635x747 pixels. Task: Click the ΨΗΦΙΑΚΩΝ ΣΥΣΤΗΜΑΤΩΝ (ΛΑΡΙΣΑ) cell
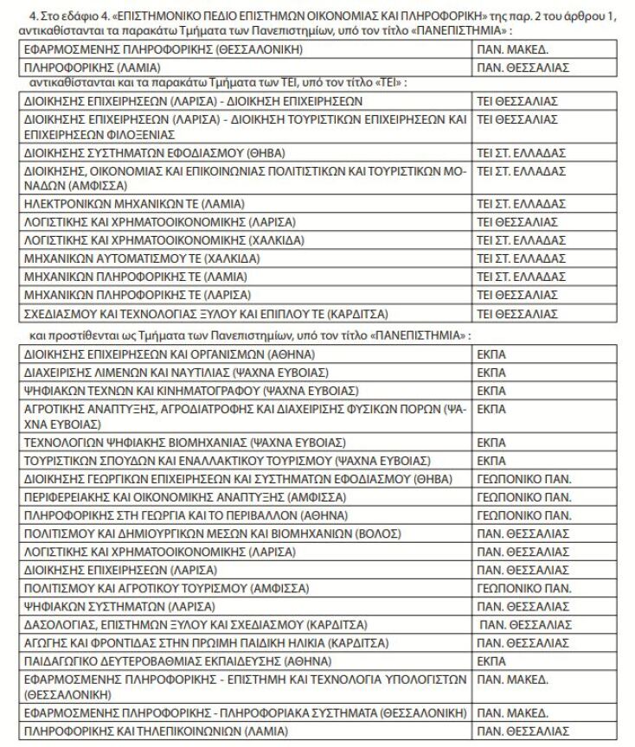coord(121,606)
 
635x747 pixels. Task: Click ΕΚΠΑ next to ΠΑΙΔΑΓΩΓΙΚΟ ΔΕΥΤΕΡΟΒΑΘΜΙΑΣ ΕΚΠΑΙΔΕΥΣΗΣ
coord(491,661)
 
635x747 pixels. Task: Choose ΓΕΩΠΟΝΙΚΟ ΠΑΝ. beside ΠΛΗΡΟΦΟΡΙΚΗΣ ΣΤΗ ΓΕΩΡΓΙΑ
coord(523,514)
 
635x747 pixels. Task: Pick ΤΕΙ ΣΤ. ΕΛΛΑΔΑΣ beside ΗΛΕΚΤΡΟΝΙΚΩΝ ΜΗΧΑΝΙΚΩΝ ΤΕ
coord(521,205)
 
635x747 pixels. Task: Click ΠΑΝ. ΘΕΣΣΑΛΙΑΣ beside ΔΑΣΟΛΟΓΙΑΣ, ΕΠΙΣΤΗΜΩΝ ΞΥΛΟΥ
coord(525,624)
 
